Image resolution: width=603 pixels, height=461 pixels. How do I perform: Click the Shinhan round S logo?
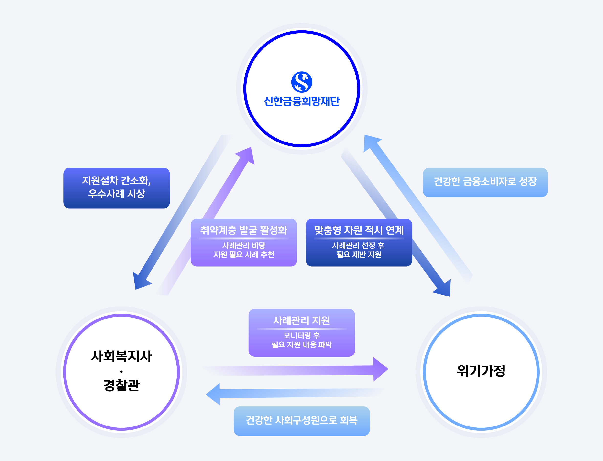coord(302,82)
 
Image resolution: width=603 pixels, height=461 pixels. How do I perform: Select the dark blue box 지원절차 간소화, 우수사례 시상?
coord(116,188)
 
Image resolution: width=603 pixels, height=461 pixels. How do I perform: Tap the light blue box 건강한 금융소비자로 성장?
coord(485,182)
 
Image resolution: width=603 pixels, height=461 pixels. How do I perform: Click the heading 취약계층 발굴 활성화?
coord(243,230)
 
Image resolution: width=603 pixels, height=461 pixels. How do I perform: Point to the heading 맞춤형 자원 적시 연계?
coord(359,230)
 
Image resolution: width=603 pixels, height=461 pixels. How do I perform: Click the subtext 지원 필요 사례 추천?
coord(243,254)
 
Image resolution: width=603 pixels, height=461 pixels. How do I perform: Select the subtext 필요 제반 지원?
coord(359,254)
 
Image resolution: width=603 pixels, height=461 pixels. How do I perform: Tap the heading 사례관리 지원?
coord(302,320)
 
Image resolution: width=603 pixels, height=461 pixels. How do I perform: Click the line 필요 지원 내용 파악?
coord(302,344)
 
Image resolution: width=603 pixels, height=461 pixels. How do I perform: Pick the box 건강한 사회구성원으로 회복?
coord(302,420)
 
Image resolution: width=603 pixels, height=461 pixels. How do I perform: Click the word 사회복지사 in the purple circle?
coord(121,356)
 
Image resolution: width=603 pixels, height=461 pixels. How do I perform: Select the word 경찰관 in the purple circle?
coord(121,385)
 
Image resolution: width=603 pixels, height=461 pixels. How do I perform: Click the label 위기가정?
coord(481,371)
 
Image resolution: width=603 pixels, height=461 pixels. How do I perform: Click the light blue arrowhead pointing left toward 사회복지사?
coord(215,394)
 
